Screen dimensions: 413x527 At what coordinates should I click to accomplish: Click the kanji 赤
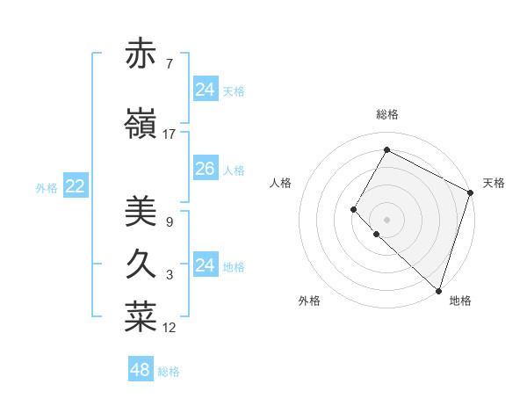pyautogui.click(x=141, y=54)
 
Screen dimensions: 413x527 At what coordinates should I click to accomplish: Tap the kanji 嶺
pyautogui.click(x=141, y=125)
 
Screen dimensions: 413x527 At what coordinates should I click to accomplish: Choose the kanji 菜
pyautogui.click(x=141, y=318)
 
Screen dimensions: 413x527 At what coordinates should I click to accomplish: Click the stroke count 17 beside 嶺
pyautogui.click(x=170, y=134)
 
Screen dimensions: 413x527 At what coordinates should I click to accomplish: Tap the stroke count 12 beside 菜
pyautogui.click(x=170, y=328)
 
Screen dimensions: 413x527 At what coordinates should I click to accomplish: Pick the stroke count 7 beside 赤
pyautogui.click(x=169, y=63)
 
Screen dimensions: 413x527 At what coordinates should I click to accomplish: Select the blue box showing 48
pyautogui.click(x=141, y=370)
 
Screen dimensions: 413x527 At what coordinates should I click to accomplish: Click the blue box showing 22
pyautogui.click(x=76, y=186)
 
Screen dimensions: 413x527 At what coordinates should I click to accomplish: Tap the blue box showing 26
pyautogui.click(x=205, y=169)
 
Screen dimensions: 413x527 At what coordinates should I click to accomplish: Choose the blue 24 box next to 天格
pyautogui.click(x=205, y=90)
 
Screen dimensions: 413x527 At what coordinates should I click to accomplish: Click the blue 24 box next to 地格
pyautogui.click(x=205, y=265)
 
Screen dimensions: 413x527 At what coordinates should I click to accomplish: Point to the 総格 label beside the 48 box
pyautogui.click(x=169, y=372)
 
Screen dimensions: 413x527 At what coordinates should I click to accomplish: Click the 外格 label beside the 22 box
pyautogui.click(x=47, y=187)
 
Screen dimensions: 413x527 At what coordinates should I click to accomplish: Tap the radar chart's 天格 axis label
pyautogui.click(x=494, y=183)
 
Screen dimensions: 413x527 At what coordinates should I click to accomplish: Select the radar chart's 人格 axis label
pyautogui.click(x=280, y=183)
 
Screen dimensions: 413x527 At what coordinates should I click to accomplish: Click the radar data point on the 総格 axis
pyautogui.click(x=386, y=150)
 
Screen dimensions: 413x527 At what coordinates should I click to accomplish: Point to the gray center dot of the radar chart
pyautogui.click(x=386, y=219)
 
